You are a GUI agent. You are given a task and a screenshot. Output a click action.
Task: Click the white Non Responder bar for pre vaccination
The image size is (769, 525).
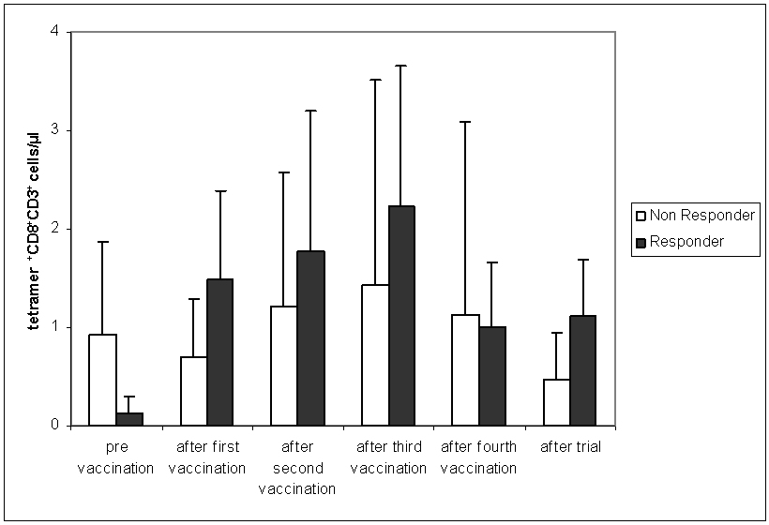(x=103, y=380)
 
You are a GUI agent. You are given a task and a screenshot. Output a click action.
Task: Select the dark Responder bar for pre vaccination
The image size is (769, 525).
(x=129, y=418)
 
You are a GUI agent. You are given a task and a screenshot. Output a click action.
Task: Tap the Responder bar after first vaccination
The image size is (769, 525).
(x=219, y=352)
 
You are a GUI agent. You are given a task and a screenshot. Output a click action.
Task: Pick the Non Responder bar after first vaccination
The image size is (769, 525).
(x=193, y=391)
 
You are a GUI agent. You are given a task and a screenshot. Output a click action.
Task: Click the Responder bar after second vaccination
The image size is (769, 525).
(x=310, y=337)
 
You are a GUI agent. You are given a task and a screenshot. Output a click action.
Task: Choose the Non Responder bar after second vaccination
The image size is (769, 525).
(x=284, y=366)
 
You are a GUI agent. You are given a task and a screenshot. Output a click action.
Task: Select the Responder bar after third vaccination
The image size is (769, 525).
(x=401, y=315)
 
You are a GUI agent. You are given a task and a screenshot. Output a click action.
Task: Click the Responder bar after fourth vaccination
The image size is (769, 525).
(x=491, y=375)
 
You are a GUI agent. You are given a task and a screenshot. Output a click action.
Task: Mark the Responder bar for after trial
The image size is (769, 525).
(x=582, y=370)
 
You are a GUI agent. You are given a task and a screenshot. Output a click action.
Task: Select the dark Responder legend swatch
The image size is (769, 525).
(x=641, y=242)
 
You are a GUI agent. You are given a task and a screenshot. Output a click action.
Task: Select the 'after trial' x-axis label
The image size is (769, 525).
(x=570, y=447)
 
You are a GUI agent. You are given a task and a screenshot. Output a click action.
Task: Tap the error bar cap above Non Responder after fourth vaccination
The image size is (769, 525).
(x=465, y=122)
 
